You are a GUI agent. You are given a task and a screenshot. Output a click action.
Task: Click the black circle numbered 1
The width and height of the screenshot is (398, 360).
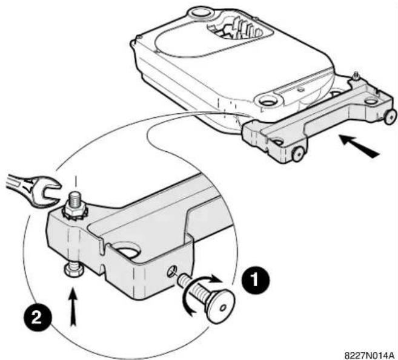(x=256, y=280)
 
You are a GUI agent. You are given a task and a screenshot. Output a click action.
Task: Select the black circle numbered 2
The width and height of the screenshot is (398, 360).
(x=38, y=317)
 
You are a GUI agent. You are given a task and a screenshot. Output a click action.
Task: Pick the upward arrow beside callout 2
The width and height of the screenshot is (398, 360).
(x=73, y=307)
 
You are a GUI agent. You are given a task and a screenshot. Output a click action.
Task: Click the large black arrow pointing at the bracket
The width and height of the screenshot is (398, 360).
(x=359, y=146)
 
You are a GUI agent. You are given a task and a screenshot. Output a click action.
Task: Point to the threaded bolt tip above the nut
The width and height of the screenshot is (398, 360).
(x=75, y=197)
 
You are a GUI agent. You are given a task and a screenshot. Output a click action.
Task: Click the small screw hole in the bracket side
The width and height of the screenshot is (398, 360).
(x=171, y=272)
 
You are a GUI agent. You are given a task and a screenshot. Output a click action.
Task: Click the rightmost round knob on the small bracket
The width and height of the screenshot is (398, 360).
(x=390, y=117)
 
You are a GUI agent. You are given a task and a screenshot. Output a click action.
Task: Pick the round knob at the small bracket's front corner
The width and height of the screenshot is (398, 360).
(x=298, y=153)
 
